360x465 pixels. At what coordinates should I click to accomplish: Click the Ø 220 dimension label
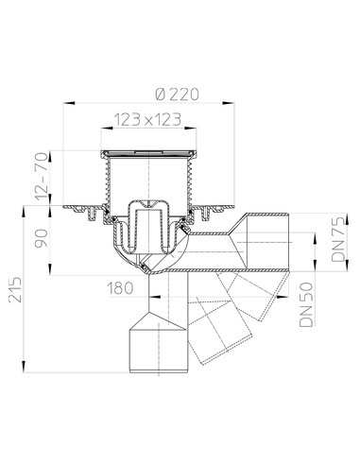coord(178,94)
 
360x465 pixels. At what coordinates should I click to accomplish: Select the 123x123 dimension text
coord(147,119)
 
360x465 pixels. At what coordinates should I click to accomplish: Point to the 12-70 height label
coord(42,176)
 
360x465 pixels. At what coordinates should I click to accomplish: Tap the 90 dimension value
coord(42,238)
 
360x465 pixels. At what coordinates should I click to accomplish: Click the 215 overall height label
coord(15,290)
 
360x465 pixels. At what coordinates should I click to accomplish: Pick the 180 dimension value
coord(120,288)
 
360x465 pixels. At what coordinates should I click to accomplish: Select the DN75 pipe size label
coord(338,240)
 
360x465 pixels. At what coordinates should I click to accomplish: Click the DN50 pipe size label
coord(307,304)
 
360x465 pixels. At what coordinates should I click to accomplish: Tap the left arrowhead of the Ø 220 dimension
coord(69,103)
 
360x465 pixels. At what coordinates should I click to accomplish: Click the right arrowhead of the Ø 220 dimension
coord(229,103)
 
